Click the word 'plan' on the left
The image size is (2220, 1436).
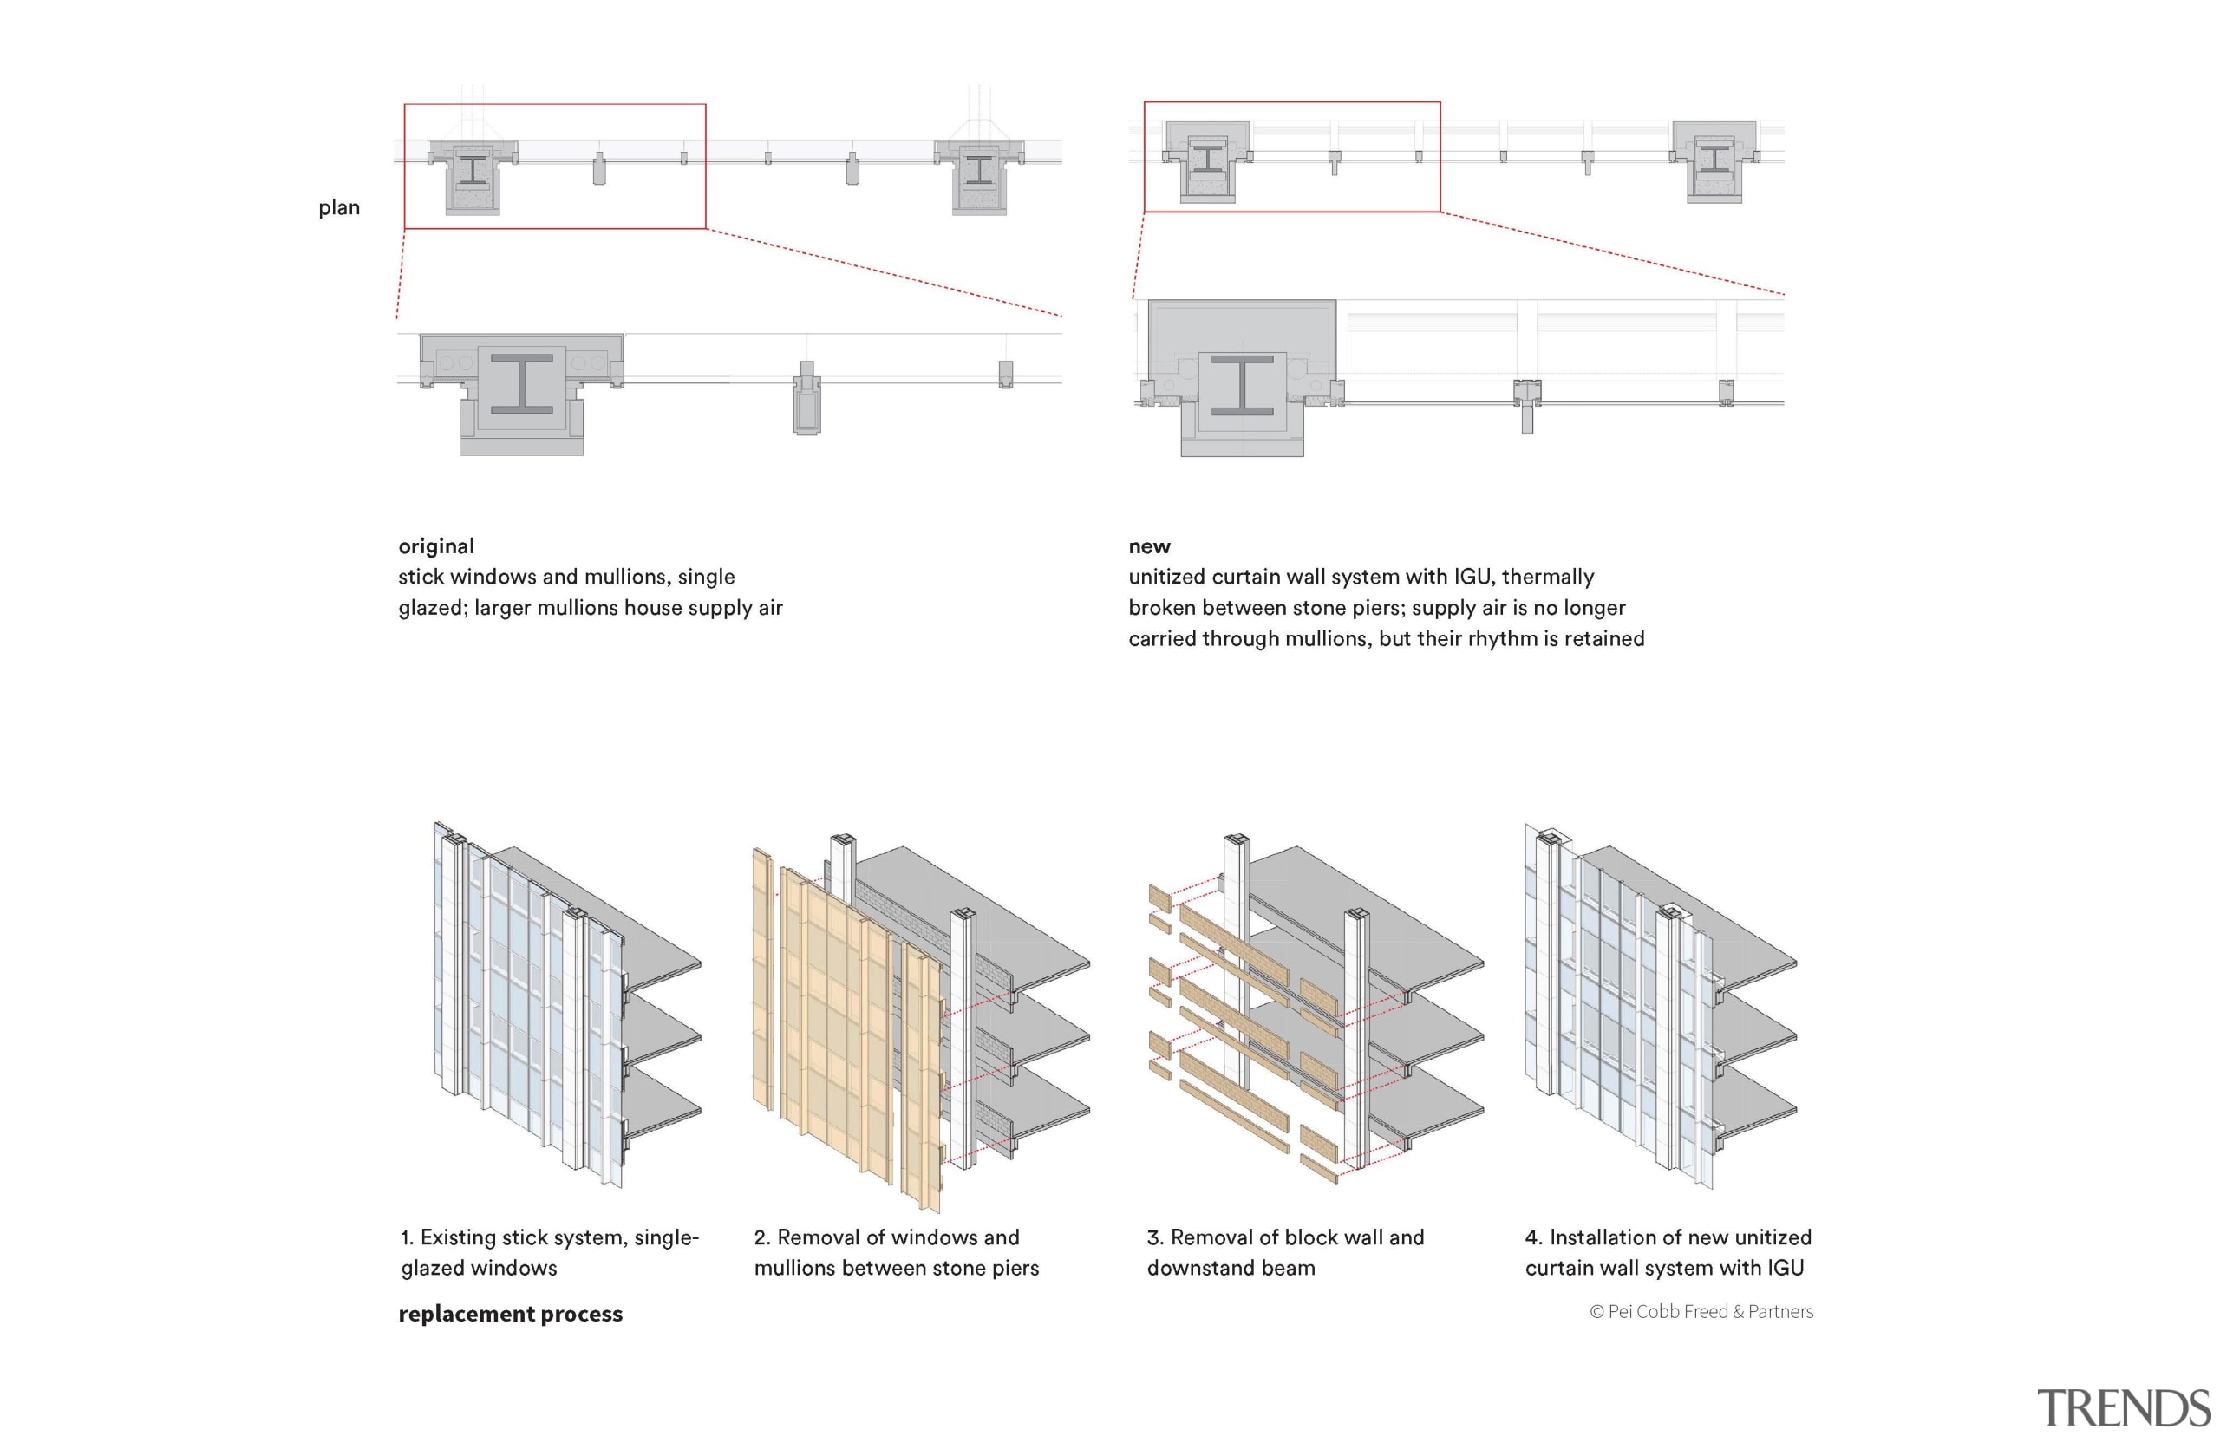(338, 207)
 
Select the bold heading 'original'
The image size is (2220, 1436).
(435, 545)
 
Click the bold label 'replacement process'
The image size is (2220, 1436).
(509, 1313)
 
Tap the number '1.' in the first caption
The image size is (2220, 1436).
(407, 1237)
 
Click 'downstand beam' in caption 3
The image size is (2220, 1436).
(1230, 1267)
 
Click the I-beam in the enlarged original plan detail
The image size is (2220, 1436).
(521, 384)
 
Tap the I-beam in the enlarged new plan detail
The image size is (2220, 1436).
(1241, 385)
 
